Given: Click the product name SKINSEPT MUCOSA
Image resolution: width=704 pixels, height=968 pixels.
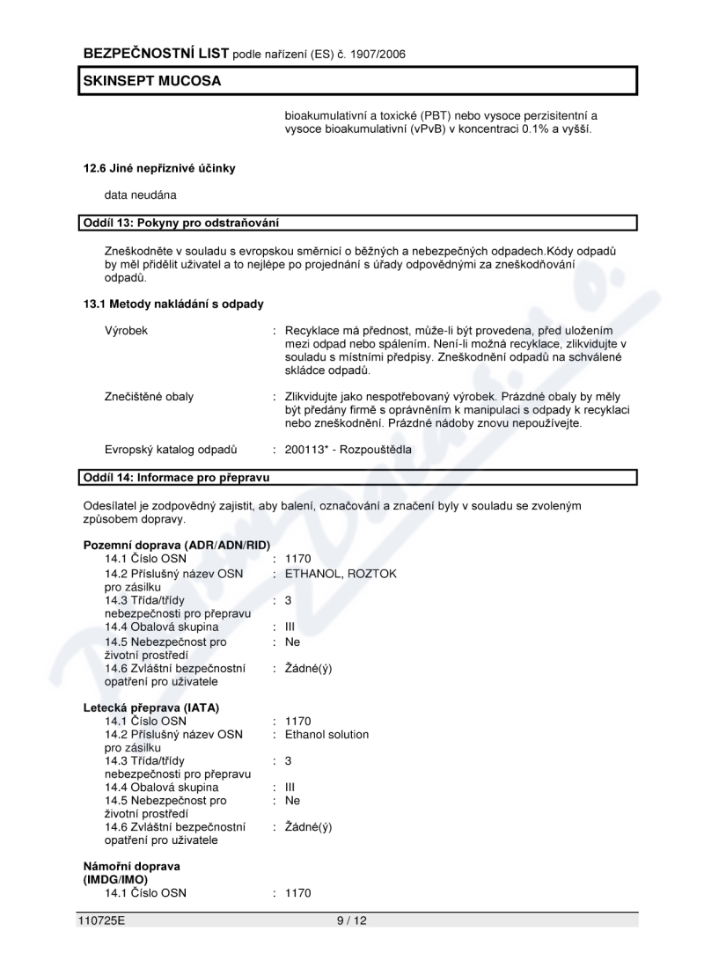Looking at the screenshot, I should [x=151, y=81].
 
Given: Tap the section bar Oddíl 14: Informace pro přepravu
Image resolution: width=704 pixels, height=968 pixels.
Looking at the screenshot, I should [x=176, y=478].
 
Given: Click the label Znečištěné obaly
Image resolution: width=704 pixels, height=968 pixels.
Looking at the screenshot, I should [x=149, y=396].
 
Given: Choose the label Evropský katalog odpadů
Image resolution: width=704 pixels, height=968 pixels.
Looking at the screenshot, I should [x=171, y=449].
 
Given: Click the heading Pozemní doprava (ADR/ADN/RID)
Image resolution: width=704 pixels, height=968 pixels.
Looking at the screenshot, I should [x=176, y=545].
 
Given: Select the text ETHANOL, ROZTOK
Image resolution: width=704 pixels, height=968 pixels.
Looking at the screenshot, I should [x=341, y=574].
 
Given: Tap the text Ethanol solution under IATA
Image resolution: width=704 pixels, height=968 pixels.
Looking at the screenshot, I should [x=326, y=735].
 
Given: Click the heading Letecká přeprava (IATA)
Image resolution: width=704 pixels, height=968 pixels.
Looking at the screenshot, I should [x=151, y=707].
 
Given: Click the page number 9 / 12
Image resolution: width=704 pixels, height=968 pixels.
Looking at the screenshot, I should [x=350, y=920].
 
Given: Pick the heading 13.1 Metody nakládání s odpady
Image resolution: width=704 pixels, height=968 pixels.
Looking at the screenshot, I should [x=173, y=304].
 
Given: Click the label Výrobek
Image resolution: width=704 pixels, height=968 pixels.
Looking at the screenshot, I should [x=127, y=330].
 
